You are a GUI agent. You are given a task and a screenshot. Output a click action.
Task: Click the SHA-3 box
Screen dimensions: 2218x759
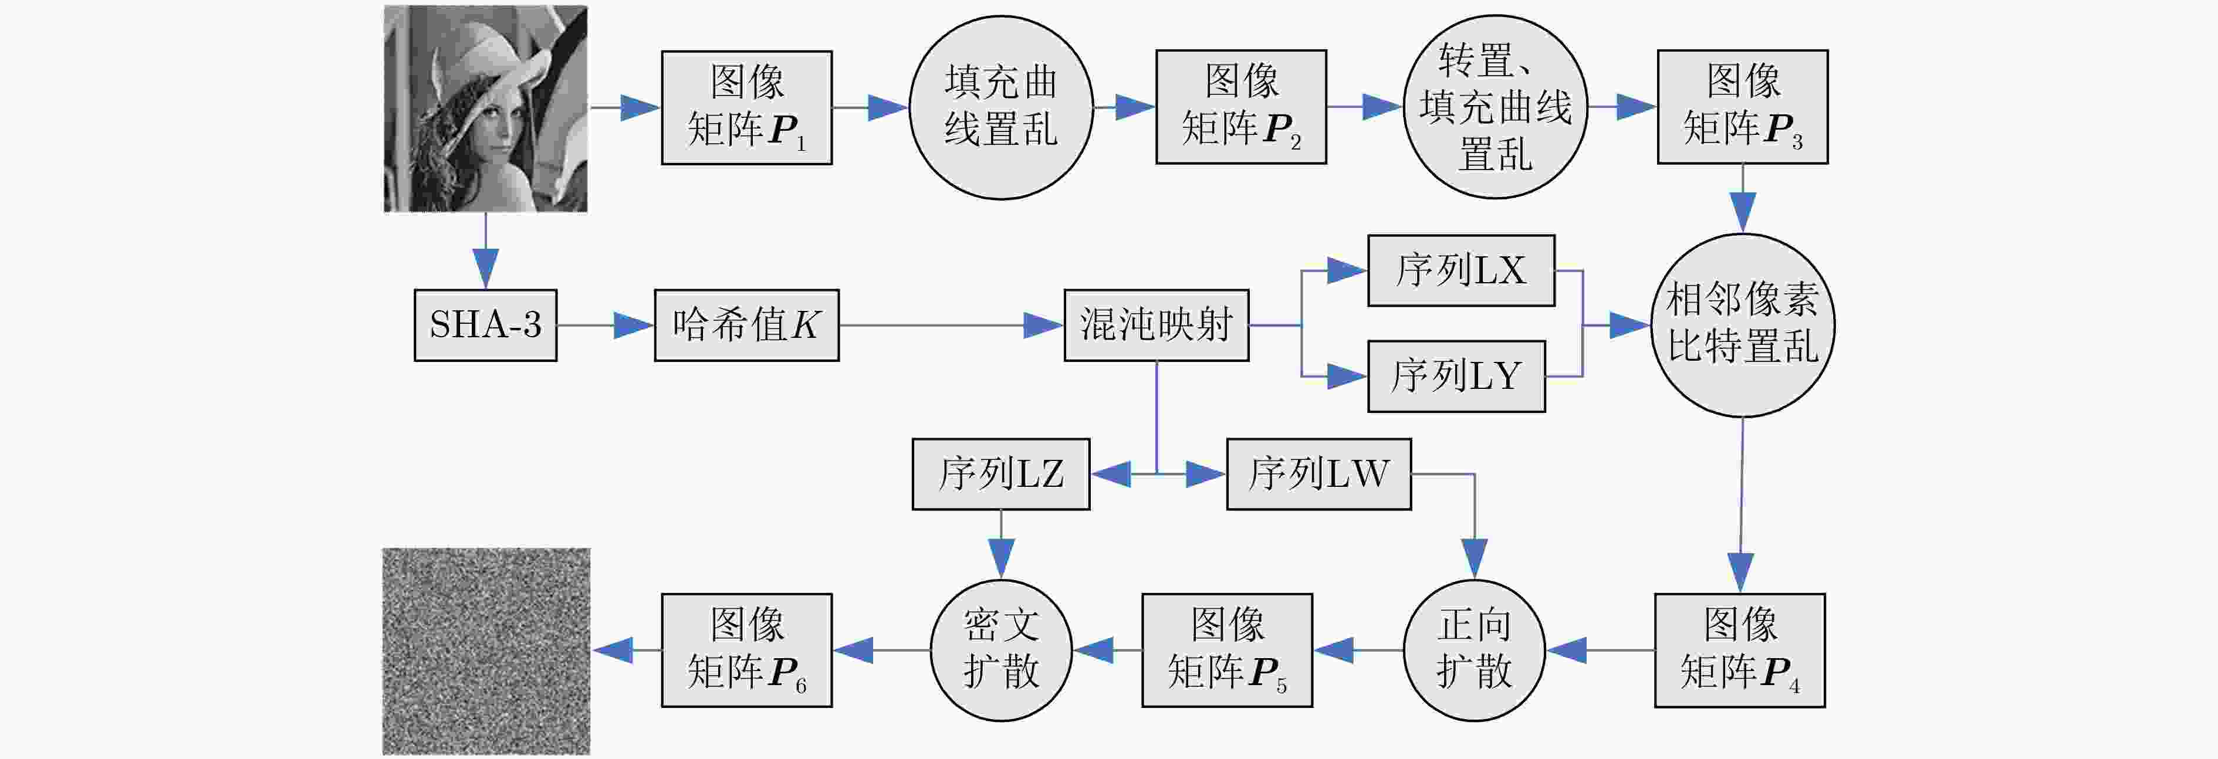click(486, 326)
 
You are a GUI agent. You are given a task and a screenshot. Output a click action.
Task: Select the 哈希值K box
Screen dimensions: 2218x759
click(746, 326)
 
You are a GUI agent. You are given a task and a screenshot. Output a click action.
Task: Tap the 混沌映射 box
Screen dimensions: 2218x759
click(1157, 326)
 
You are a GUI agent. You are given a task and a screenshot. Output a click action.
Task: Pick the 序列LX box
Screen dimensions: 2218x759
click(1461, 270)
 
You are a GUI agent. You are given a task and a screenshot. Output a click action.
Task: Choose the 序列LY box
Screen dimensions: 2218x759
click(1457, 376)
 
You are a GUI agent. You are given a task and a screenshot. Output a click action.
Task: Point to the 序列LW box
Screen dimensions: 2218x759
click(1319, 474)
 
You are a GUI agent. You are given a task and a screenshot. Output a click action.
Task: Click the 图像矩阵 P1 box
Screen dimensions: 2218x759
click(746, 107)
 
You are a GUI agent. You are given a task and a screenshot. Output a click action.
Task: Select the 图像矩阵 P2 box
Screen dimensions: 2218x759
click(1241, 107)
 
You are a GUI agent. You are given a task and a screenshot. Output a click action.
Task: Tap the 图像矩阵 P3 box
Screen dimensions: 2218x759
click(1743, 107)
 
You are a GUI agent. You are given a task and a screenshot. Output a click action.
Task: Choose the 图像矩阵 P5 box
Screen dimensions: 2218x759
click(1228, 650)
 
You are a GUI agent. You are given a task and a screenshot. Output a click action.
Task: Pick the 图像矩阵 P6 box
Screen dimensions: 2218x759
click(746, 650)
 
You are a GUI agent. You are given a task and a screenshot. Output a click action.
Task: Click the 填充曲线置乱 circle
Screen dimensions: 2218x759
click(1002, 107)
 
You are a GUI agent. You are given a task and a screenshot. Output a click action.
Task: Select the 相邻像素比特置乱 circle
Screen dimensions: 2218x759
click(1743, 326)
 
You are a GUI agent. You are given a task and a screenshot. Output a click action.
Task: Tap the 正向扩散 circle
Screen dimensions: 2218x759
click(1474, 650)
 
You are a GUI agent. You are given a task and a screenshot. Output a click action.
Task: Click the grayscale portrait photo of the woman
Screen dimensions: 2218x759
click(486, 109)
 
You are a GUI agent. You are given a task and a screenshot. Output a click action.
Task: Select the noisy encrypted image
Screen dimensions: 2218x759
click(486, 652)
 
